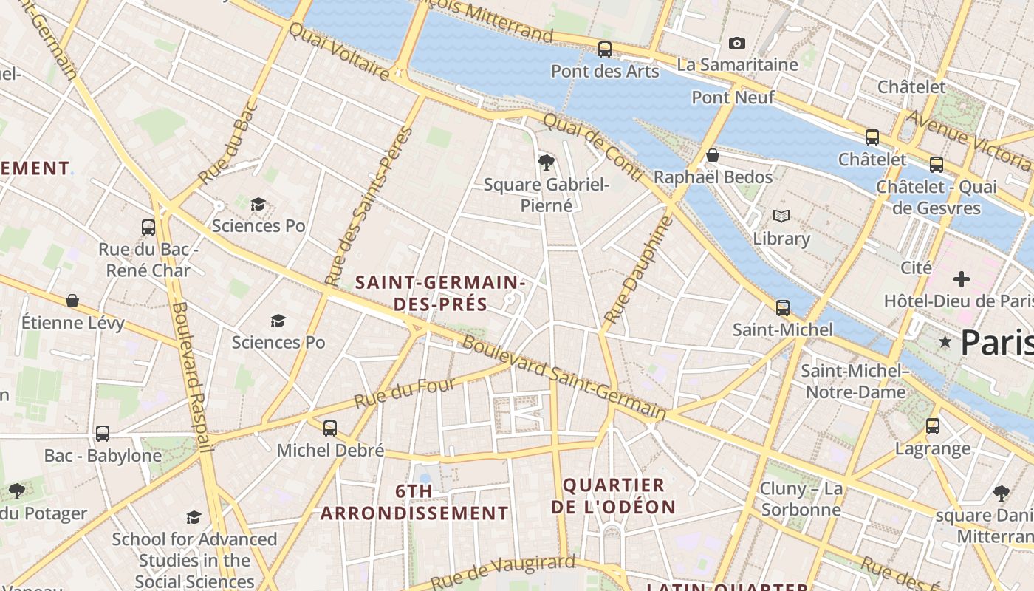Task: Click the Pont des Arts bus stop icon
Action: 604,49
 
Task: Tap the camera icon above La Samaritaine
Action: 736,44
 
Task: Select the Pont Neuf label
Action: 733,98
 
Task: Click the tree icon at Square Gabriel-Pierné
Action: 547,162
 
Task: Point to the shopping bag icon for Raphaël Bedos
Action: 713,155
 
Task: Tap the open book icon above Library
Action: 781,216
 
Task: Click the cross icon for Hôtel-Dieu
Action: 961,279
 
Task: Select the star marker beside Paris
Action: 945,342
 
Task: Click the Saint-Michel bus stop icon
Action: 782,307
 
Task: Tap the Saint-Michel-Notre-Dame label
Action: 855,381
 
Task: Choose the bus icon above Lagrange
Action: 933,426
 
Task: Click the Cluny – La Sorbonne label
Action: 801,499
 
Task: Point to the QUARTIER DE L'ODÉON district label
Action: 614,496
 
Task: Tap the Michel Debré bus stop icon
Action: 330,428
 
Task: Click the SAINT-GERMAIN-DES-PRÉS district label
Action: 440,293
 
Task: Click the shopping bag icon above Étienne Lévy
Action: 72,301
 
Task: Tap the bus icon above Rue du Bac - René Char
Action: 148,227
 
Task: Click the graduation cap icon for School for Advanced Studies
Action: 194,517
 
